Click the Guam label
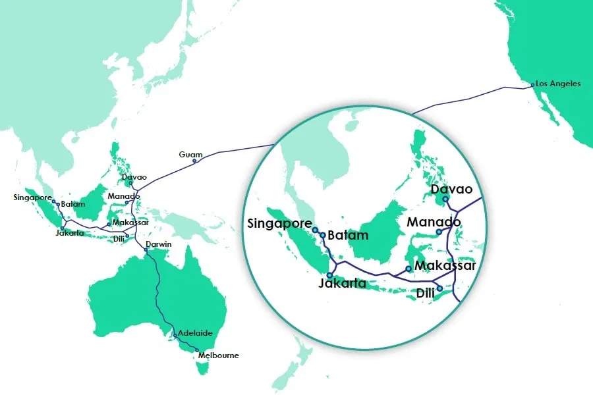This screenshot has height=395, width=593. click(190, 154)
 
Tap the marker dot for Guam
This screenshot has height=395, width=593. click(194, 161)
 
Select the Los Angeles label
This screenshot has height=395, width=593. click(559, 84)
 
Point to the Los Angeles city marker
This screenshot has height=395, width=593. click(532, 84)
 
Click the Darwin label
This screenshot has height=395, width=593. click(159, 244)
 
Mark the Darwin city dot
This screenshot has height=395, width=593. click(146, 250)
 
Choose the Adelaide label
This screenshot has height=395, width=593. click(195, 333)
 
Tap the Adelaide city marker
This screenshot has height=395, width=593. click(175, 336)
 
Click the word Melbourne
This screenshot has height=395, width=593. click(219, 355)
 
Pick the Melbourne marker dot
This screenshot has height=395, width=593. click(196, 350)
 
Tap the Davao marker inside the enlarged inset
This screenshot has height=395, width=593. click(445, 199)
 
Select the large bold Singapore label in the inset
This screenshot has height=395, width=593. click(279, 223)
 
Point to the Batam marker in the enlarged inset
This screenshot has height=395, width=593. click(322, 235)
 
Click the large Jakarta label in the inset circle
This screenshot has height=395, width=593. click(342, 284)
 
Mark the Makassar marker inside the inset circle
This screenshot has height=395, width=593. click(409, 269)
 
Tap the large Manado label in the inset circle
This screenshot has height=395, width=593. click(434, 222)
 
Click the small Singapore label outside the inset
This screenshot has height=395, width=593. click(32, 197)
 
